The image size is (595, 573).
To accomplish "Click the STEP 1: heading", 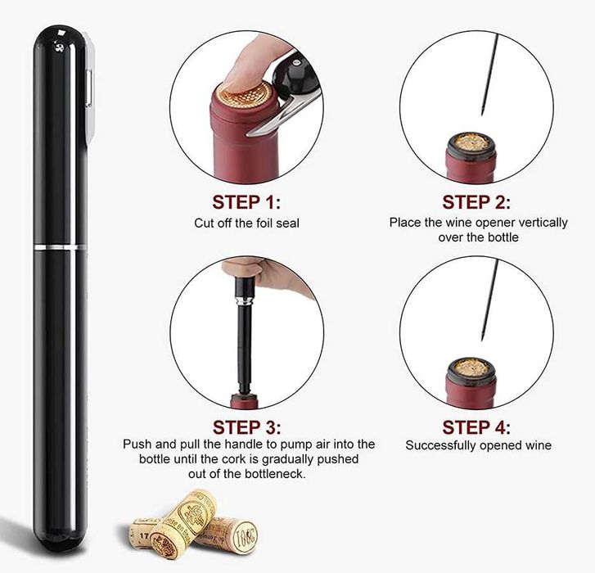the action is (246, 202).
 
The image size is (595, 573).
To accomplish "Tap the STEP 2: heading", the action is (476, 202).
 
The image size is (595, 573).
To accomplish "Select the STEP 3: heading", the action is (246, 427).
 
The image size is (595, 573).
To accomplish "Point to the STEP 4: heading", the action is (476, 427).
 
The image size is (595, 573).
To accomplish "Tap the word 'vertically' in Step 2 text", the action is (543, 223).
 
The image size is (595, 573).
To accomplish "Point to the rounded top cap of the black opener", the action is (61, 40).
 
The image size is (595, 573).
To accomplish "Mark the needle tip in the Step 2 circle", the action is (482, 114).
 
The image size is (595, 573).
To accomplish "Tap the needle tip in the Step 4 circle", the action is (482, 339).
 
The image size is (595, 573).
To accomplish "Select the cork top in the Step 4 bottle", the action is (471, 368).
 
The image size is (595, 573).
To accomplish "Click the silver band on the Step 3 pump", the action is (243, 301).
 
